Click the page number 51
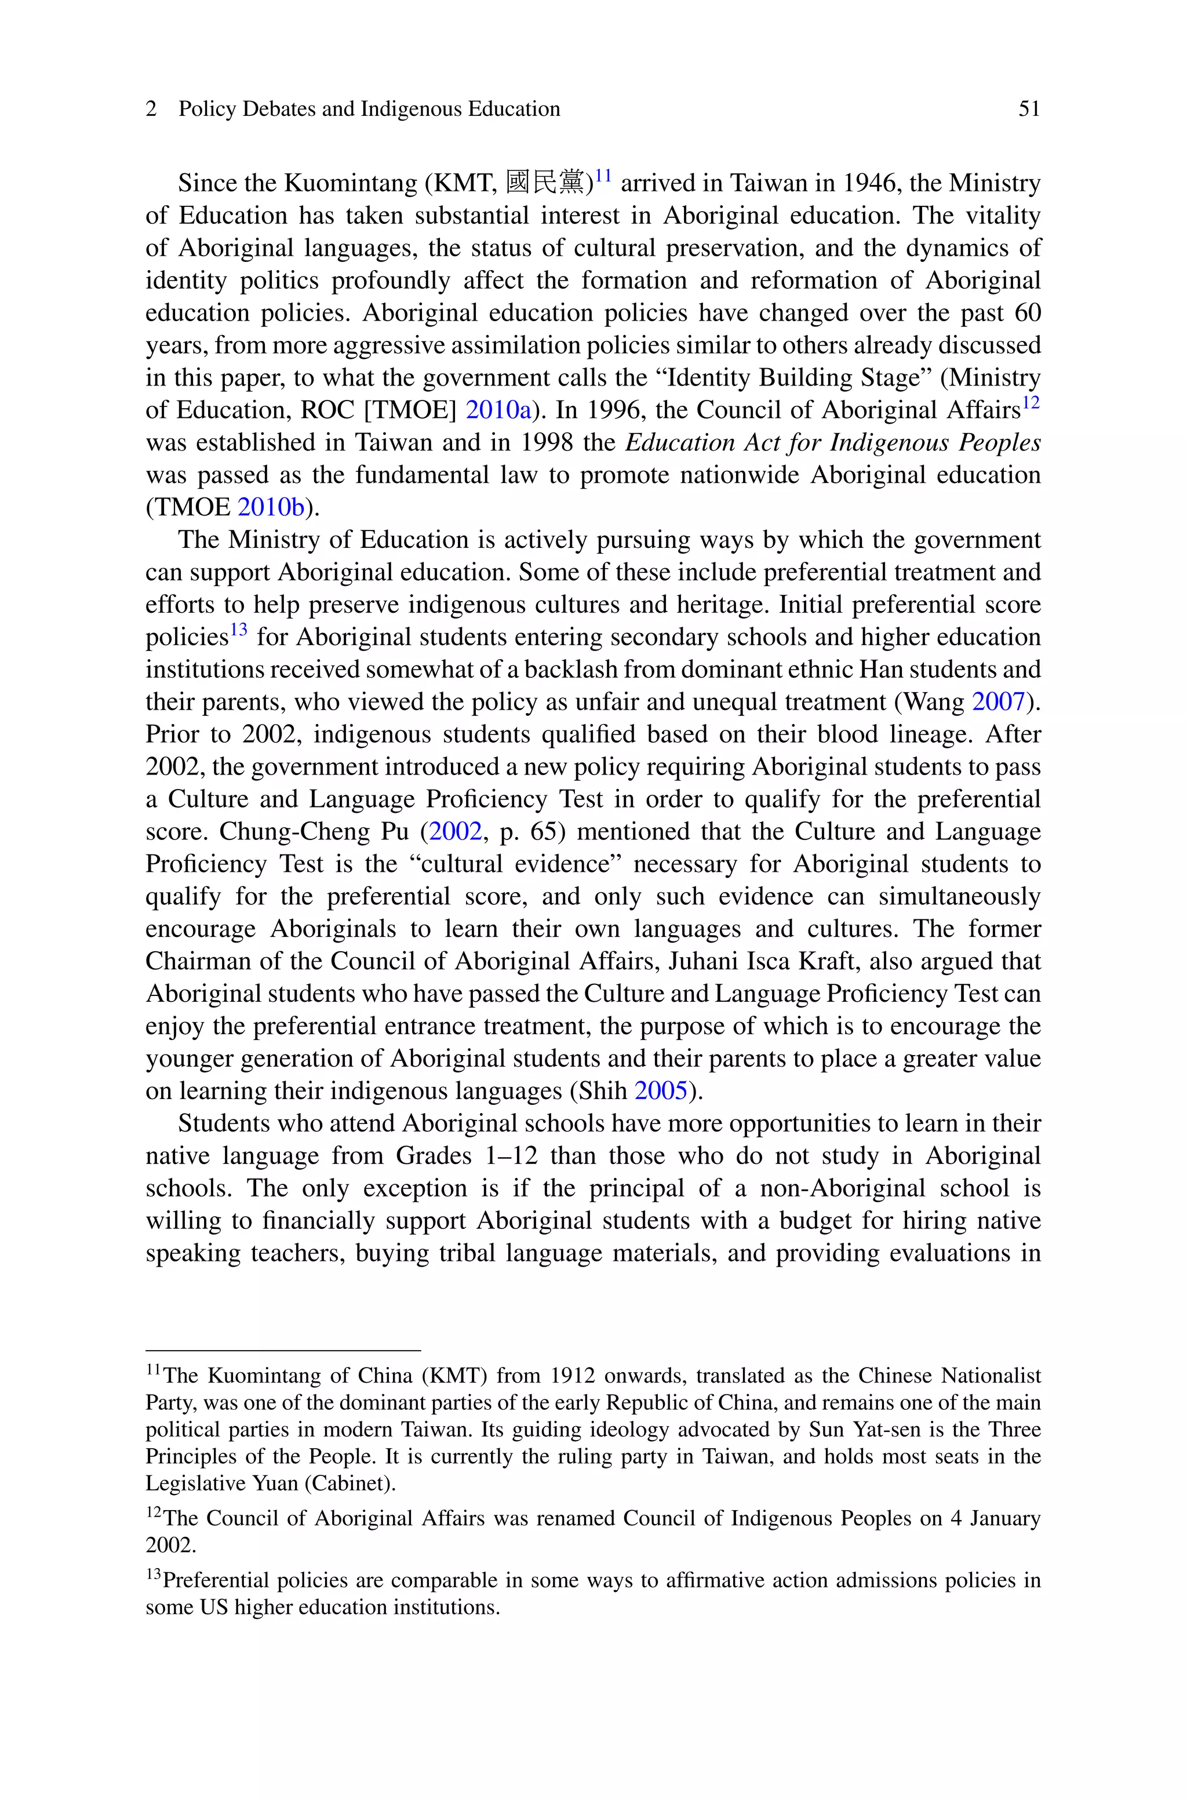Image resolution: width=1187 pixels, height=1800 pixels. click(x=1029, y=109)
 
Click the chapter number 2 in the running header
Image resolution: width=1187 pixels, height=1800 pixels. click(x=151, y=109)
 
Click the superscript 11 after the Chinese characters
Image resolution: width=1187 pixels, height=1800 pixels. click(x=603, y=176)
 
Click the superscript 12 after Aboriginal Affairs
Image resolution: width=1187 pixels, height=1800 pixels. click(x=1031, y=403)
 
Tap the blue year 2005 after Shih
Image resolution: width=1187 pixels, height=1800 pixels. click(x=661, y=1091)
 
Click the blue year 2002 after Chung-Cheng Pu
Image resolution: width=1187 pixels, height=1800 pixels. click(x=456, y=832)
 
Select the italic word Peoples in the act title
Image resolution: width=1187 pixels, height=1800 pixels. click(x=999, y=443)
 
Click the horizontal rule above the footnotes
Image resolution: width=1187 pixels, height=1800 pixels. click(x=283, y=1350)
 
